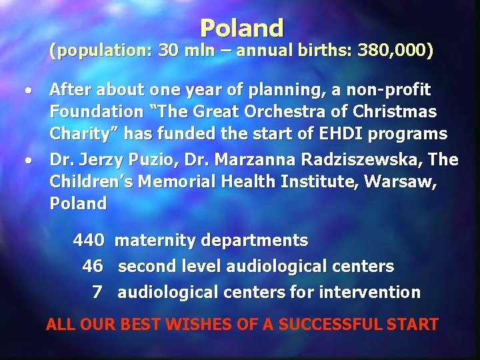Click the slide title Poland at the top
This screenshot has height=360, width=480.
pos(241,28)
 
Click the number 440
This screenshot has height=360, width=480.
pos(89,240)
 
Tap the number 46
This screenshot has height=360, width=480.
pos(93,266)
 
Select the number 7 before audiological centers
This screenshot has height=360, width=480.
pos(97,292)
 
